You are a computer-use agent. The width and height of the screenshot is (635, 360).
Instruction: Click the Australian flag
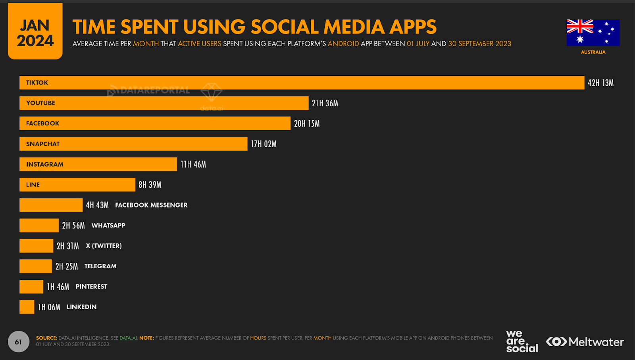point(593,33)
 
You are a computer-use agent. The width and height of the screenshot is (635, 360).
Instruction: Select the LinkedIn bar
point(27,307)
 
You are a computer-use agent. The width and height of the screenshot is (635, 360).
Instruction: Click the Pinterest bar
point(31,287)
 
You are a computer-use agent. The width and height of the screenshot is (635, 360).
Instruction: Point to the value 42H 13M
point(600,83)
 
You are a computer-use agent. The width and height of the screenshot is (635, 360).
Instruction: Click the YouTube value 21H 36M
point(325,103)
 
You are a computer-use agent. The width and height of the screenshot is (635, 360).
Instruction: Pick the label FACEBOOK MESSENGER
point(151,205)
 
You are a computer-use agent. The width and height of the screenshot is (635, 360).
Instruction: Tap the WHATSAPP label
point(108,225)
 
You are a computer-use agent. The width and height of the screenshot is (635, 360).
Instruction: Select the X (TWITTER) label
point(104,246)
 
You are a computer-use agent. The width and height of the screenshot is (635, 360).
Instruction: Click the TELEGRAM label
point(100,266)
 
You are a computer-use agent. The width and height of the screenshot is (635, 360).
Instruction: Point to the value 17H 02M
point(264,144)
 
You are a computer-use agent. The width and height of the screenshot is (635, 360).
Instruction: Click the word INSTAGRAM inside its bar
point(45,164)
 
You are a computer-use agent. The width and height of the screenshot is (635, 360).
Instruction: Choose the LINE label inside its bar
point(33,185)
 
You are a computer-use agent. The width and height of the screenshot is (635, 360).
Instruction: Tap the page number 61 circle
point(18,342)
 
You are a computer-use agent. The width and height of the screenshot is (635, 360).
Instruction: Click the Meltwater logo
point(585,342)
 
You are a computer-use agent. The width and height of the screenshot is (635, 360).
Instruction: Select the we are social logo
point(521,342)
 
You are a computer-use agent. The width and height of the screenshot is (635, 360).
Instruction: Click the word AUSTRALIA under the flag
point(593,52)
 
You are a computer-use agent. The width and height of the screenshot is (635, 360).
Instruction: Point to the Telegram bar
point(36,266)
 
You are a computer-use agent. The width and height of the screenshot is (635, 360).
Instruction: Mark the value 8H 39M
point(150,185)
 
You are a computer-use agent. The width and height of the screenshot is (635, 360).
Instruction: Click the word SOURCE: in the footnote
point(46,338)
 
